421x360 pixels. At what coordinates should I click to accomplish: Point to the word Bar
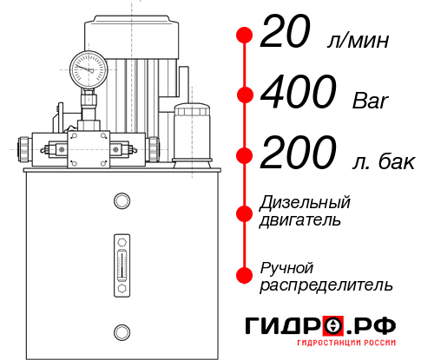(x=371, y=101)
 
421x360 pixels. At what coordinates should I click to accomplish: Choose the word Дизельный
(x=305, y=202)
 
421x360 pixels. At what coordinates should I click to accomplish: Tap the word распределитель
(x=325, y=285)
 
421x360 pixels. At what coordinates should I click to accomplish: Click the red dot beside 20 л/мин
(x=245, y=36)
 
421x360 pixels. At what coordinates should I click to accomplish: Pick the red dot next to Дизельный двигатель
(x=245, y=211)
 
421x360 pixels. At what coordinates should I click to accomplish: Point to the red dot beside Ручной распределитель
(x=245, y=275)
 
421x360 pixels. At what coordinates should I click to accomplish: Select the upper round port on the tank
(x=121, y=202)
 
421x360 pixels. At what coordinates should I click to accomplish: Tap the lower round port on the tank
(x=121, y=331)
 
